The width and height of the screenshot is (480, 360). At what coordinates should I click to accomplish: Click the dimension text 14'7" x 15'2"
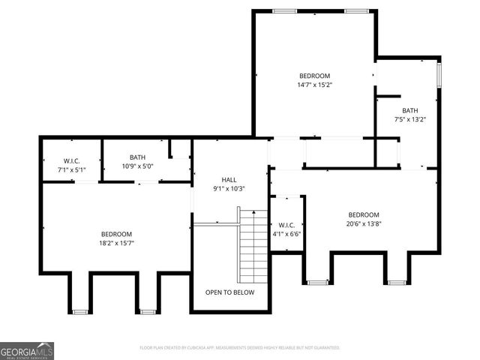tap(314, 85)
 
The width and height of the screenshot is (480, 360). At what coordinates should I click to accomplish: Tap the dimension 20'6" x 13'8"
tap(363, 223)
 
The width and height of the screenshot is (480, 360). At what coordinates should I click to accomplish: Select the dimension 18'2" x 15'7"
tap(116, 243)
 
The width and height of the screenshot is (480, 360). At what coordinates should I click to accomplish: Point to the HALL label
tap(229, 179)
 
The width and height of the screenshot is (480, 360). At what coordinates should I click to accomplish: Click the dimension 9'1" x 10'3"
tap(229, 188)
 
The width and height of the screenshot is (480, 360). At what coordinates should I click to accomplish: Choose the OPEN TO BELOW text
tap(230, 292)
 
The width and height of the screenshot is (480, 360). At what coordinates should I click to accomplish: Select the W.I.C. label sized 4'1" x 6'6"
tap(286, 225)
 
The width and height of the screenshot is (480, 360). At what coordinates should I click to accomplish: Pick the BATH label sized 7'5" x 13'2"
tap(410, 110)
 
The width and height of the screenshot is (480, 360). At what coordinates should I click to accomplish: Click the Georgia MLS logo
tap(27, 350)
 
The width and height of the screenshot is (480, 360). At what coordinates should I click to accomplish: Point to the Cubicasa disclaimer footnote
tap(240, 348)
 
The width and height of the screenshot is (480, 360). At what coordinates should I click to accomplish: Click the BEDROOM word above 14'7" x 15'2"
tap(314, 76)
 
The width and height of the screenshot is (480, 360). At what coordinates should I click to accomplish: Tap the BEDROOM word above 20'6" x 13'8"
tap(363, 214)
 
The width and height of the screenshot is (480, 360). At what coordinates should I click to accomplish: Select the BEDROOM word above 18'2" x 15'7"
tap(116, 234)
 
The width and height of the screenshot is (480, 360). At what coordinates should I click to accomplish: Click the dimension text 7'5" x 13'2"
tap(410, 119)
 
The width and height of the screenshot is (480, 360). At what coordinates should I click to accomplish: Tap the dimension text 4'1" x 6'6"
tap(286, 234)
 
